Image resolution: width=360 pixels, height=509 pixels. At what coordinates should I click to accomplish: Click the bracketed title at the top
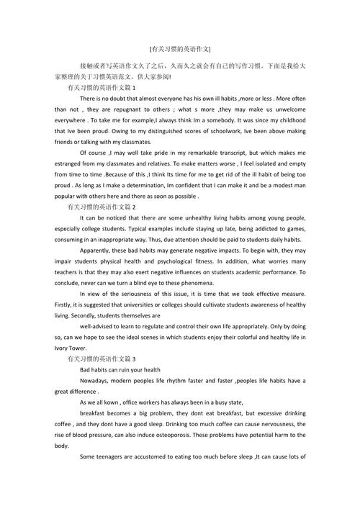(180, 49)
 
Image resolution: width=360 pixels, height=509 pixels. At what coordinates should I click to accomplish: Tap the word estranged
(70, 165)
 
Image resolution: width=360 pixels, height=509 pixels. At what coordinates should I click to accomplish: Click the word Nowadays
(98, 381)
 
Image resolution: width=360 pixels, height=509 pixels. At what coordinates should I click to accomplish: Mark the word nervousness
(282, 424)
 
